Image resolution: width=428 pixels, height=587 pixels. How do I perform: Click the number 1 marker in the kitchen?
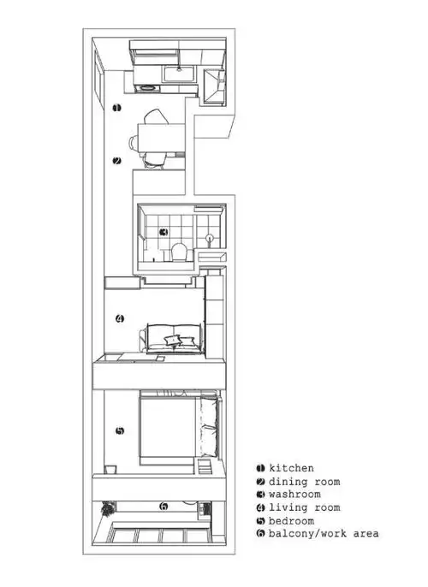(x=117, y=107)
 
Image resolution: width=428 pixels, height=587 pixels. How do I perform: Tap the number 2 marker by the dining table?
(x=117, y=160)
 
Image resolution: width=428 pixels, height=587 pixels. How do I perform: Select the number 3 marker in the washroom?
(x=164, y=231)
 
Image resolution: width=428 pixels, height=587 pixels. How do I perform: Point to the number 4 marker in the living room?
(x=120, y=319)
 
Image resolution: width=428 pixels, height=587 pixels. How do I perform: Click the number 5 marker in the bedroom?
(x=120, y=430)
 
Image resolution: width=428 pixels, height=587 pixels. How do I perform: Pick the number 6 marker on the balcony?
(x=163, y=507)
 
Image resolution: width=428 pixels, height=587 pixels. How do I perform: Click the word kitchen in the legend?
(x=291, y=468)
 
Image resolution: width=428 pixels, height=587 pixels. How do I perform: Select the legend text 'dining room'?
(x=304, y=481)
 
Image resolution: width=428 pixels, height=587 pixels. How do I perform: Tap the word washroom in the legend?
(x=294, y=494)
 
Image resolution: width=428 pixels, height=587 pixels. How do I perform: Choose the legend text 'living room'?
(x=304, y=507)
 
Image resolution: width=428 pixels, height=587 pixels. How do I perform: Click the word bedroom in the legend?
(x=291, y=520)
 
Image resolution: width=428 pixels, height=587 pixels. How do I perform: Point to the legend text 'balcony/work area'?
(x=323, y=533)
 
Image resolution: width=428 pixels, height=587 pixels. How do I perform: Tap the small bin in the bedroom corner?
(x=110, y=468)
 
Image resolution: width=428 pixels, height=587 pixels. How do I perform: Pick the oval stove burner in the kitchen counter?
(x=146, y=86)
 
